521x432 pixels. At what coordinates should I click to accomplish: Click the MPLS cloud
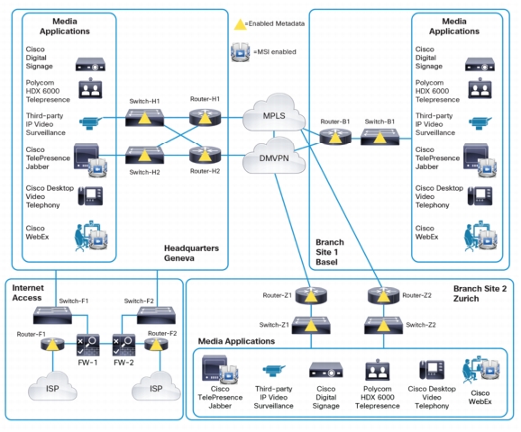point(274,112)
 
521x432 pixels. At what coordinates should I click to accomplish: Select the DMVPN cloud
point(274,156)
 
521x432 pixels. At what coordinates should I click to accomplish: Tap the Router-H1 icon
point(205,117)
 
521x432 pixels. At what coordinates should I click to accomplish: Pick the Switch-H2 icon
point(144,155)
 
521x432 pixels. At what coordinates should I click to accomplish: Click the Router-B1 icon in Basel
point(335,136)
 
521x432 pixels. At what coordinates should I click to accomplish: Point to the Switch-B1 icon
point(380,137)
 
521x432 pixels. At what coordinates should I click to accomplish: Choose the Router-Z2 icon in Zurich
point(383,295)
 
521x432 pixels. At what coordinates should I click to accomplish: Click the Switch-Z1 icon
point(311,325)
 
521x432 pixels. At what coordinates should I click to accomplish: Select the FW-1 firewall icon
point(88,345)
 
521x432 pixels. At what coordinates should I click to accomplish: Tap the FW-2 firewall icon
point(123,345)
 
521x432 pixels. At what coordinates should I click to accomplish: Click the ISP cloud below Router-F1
point(52,386)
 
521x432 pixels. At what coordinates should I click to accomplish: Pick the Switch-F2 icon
point(157,315)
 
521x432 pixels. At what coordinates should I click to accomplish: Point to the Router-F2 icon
point(156,345)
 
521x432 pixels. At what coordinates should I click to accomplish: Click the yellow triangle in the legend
point(241,24)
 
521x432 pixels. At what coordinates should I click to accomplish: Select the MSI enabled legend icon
point(241,52)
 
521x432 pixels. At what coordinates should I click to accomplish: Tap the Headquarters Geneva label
point(191,253)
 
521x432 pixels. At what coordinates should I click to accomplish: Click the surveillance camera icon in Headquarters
point(90,122)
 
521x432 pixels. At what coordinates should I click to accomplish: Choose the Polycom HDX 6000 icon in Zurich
point(378,370)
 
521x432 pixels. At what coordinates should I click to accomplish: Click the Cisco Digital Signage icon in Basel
point(480,64)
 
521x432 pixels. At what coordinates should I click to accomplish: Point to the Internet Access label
point(28,292)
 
